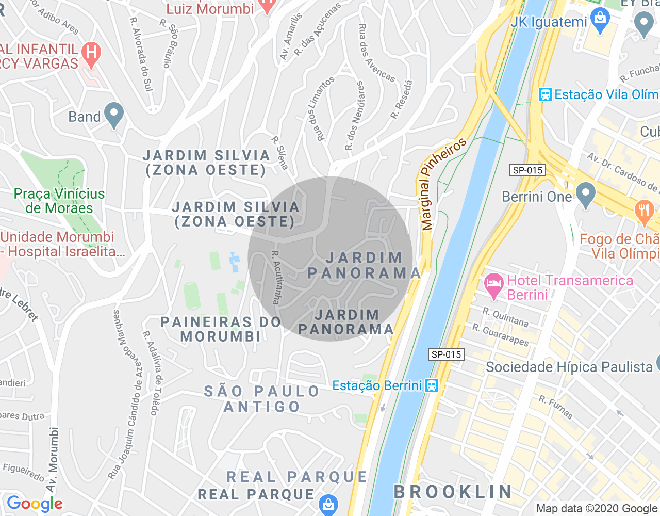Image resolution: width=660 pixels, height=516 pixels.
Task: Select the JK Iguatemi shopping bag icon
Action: pos(600,21)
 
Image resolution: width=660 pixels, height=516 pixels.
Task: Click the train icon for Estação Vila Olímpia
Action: pos(545,94)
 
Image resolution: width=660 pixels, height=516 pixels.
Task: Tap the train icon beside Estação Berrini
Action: pos(431,385)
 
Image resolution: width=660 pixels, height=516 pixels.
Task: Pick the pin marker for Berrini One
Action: pos(585,195)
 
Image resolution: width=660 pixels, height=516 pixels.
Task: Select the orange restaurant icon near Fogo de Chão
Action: pos(643,212)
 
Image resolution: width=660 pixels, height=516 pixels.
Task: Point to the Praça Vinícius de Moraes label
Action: pos(59,201)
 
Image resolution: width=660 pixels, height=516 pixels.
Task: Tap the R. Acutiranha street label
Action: pos(277,277)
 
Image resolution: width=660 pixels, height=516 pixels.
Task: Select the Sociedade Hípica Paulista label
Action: pos(569,367)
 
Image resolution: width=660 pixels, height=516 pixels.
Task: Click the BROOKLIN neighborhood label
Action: pos(453,492)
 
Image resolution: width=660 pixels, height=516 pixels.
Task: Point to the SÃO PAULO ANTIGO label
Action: pos(262,399)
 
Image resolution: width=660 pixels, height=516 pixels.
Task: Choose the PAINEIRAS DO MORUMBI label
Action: pos(221,329)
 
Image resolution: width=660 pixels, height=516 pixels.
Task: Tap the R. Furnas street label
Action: pos(556,407)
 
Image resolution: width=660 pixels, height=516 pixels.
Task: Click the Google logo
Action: pos(35,504)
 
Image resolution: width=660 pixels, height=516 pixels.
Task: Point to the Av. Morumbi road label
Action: pos(52,459)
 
